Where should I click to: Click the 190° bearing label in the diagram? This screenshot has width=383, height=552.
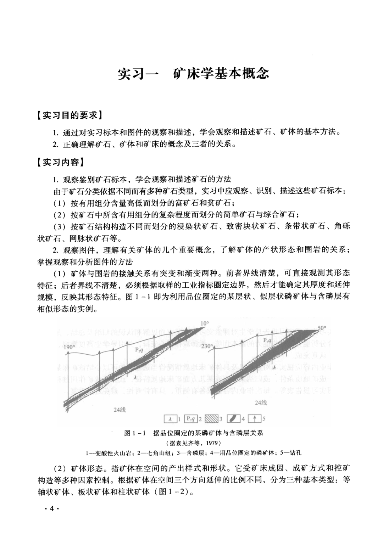70,347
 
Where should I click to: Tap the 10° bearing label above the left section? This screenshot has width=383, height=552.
205,323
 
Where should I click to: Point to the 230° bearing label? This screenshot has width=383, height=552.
207,346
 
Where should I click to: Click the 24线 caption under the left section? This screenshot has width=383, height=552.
120,410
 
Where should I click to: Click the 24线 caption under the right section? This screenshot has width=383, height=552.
261,402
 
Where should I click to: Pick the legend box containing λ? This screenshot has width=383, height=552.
170,419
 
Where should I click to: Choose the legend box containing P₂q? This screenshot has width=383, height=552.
191,419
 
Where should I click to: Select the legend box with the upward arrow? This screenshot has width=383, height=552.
254,419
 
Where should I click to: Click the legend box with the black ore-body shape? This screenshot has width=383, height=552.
233,419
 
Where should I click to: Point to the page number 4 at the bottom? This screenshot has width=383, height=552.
51,509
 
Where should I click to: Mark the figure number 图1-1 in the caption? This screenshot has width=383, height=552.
135,433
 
